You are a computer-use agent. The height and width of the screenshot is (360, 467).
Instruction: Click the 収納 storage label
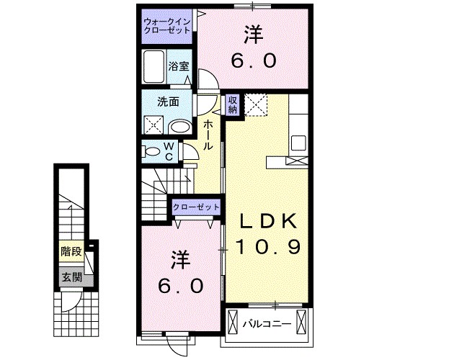[233, 106]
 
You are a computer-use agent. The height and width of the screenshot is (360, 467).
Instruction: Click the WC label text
[168, 151]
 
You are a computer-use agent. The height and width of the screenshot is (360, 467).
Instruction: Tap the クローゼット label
[196, 207]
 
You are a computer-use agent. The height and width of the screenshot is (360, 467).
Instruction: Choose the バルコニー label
[267, 323]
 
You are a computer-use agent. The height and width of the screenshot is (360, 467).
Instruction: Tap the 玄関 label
[71, 277]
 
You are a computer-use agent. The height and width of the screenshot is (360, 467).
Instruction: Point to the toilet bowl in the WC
[153, 151]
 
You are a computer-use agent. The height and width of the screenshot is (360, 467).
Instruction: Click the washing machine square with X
[154, 125]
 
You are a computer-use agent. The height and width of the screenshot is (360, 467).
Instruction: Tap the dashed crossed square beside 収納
[255, 106]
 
